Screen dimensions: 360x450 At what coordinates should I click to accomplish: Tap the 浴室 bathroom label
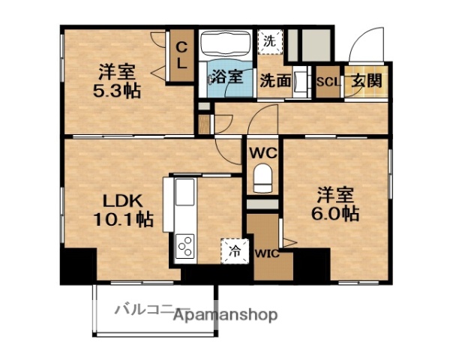[x=226, y=76]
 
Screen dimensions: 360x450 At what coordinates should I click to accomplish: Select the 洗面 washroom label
[x=275, y=80]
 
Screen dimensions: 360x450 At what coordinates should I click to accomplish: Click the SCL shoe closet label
[x=327, y=81]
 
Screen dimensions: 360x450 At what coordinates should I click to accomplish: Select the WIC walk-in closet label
[x=267, y=253]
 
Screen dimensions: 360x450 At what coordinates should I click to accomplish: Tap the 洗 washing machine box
[x=269, y=41]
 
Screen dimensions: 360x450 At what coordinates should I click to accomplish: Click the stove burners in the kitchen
[x=184, y=246]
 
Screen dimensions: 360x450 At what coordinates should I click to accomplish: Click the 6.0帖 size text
[x=334, y=213]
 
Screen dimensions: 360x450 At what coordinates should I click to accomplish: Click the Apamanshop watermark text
[x=225, y=315]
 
